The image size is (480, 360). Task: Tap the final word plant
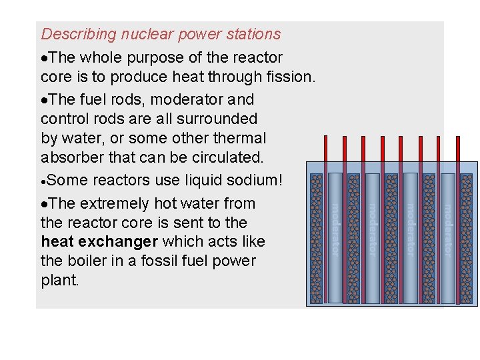pyautogui.click(x=59, y=281)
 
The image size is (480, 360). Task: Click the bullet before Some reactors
pyautogui.click(x=44, y=181)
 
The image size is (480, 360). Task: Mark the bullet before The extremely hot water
pyautogui.click(x=44, y=204)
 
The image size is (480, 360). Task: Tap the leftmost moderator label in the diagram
pyautogui.click(x=335, y=230)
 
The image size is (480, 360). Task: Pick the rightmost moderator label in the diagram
pyautogui.click(x=447, y=230)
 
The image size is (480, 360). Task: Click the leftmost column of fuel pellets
pyautogui.click(x=317, y=239)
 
